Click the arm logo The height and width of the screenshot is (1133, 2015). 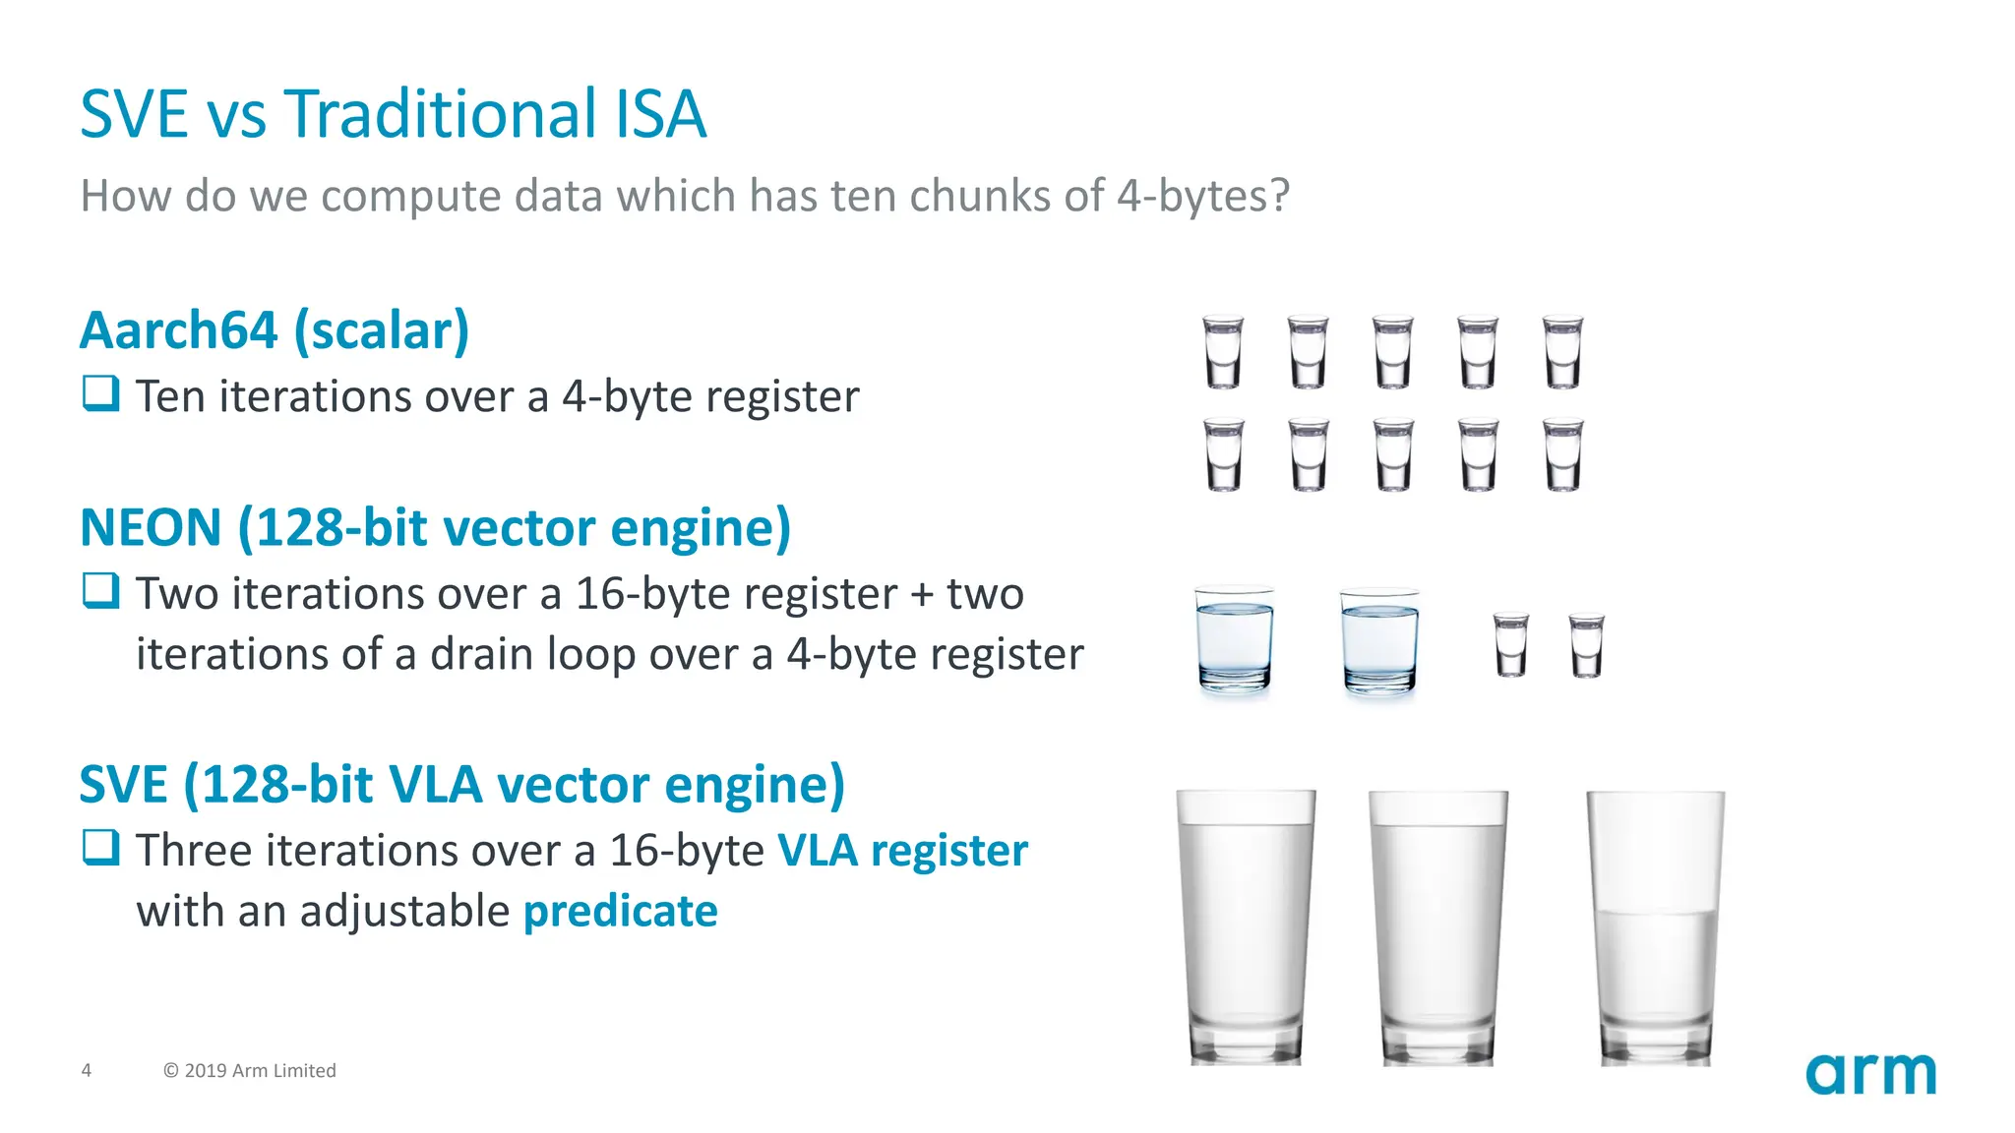tap(1870, 1073)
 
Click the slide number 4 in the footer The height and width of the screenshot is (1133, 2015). tap(87, 1070)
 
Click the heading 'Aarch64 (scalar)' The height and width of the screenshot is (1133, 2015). tap(275, 330)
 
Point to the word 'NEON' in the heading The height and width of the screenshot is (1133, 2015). tap(151, 528)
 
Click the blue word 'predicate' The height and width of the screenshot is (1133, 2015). tap(620, 912)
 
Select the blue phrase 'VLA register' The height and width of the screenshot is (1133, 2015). tap(902, 851)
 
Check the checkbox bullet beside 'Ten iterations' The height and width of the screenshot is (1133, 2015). tap(100, 394)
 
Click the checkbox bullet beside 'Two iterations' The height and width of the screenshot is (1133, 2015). tap(100, 591)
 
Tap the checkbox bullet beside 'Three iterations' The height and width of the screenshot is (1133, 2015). tap(100, 848)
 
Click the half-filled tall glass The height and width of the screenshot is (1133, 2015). tap(1655, 927)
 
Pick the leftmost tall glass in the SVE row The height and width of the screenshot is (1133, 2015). tap(1246, 927)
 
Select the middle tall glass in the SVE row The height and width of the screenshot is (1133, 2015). tap(1437, 927)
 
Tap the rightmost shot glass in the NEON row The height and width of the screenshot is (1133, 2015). tap(1586, 645)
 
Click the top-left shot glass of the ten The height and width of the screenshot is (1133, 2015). tap(1223, 351)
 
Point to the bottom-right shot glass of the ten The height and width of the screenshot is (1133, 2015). tap(1562, 454)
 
